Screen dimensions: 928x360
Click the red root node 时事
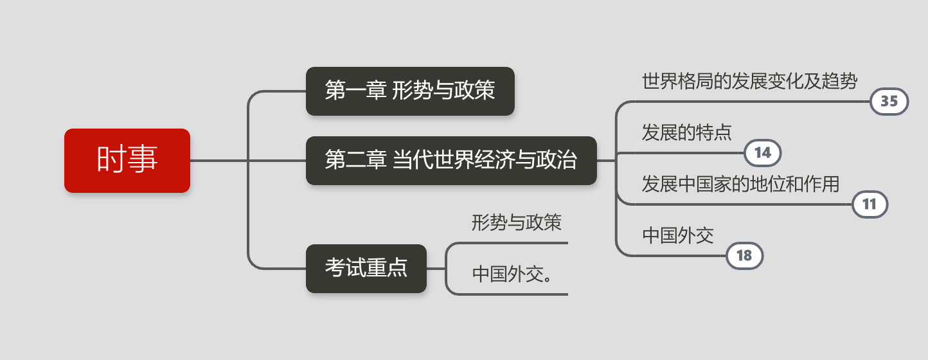(127, 161)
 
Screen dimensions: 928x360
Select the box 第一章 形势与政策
(410, 91)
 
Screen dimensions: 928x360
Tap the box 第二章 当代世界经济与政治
(451, 161)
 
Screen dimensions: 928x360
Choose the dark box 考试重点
(366, 269)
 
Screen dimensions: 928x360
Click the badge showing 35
(889, 102)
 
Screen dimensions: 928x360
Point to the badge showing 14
(762, 153)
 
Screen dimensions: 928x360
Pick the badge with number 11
(870, 204)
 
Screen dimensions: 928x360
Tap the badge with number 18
(744, 256)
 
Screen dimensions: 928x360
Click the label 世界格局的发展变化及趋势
(749, 81)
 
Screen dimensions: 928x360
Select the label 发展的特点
(686, 132)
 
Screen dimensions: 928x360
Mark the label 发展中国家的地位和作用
(740, 184)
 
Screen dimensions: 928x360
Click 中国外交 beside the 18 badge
(678, 235)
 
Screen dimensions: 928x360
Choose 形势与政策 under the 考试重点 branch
(516, 223)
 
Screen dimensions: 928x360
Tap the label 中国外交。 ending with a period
(514, 274)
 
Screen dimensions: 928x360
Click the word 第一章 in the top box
(352, 91)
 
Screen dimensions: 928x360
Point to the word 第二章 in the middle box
(352, 161)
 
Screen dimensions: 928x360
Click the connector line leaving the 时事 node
(219, 161)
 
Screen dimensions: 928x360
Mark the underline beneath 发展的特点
(681, 153)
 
